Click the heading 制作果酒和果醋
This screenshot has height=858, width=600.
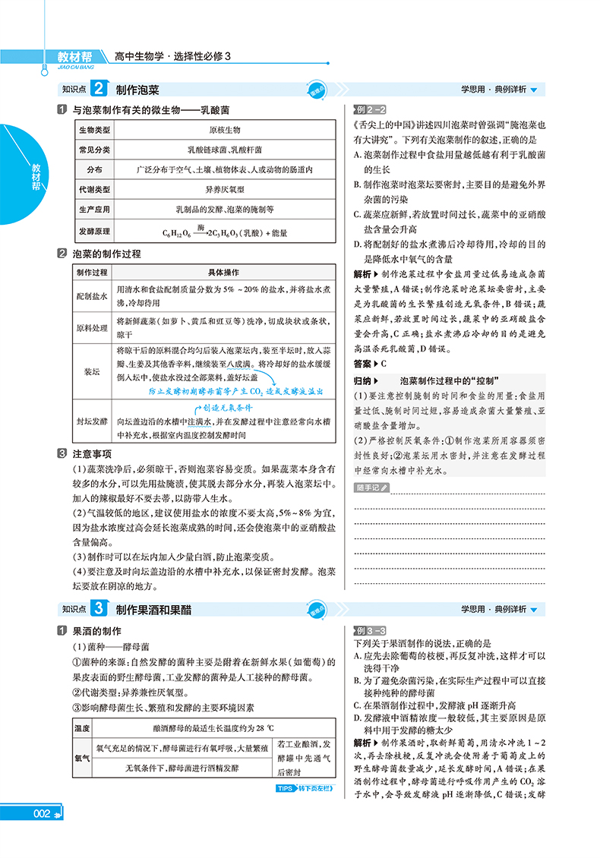coord(154,609)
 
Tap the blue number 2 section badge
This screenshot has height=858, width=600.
coord(99,90)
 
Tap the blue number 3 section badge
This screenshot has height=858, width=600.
coord(99,609)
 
